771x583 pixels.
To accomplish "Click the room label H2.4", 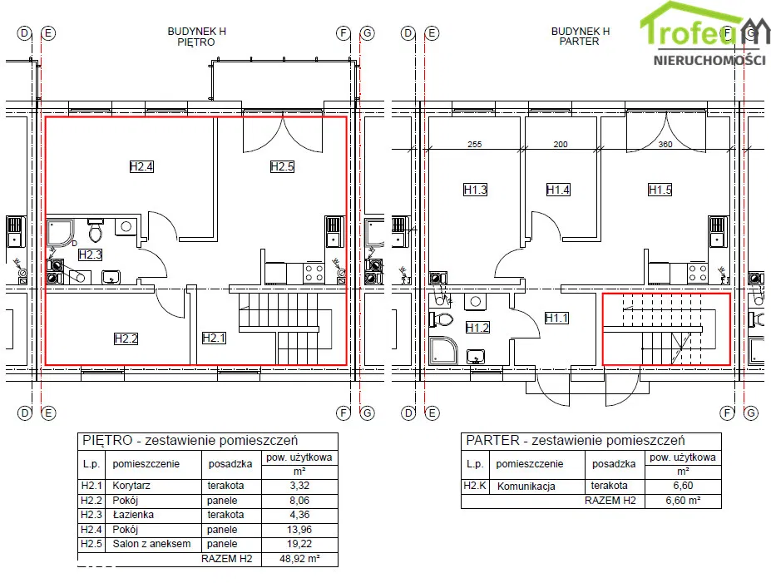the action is (x=141, y=166).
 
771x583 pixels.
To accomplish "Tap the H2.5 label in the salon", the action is (x=282, y=166).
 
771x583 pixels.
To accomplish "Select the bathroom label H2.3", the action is (x=90, y=254).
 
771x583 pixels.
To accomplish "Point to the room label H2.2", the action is (x=126, y=338).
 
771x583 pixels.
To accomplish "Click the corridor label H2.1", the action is (x=214, y=338).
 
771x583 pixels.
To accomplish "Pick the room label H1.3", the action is (x=475, y=190).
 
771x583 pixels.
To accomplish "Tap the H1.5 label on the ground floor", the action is (x=660, y=190).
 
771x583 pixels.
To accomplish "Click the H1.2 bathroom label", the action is (x=477, y=328).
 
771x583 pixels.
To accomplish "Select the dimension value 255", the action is (x=475, y=144).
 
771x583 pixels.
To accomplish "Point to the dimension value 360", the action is (x=665, y=144).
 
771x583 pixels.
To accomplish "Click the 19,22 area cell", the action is (x=299, y=544).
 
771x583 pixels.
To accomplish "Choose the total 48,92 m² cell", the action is (x=299, y=559).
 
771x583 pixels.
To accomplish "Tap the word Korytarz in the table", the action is (x=131, y=486).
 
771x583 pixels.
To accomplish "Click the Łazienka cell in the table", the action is (x=133, y=515).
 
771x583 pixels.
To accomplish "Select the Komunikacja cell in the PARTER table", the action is (x=526, y=487).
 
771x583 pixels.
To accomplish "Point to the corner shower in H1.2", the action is (x=443, y=350).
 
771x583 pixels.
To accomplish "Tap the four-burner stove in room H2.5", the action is (x=314, y=274).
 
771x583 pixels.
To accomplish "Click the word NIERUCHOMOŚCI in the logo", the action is (x=709, y=60).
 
